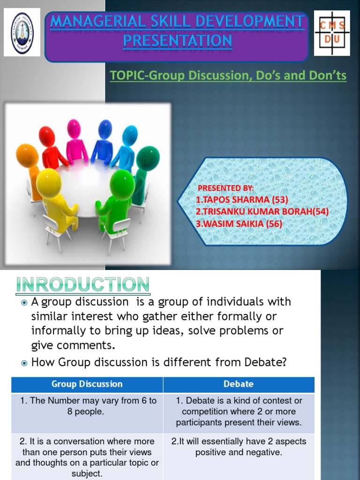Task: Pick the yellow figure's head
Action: point(49,183)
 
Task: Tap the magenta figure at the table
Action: point(75,141)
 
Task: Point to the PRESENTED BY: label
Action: point(225,188)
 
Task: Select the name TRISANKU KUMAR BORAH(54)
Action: point(262,212)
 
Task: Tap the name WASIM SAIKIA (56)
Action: point(239,224)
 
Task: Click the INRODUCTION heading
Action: point(82,284)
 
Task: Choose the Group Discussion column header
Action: point(87,384)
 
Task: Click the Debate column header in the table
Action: point(239,384)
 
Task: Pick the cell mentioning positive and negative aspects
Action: point(239,447)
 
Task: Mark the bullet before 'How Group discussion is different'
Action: point(24,363)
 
